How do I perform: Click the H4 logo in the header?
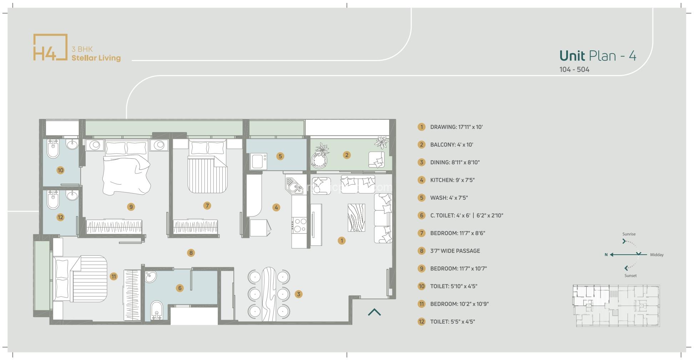(x=50, y=47)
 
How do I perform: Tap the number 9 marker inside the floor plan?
(x=131, y=207)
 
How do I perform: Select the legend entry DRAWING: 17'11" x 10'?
(x=456, y=127)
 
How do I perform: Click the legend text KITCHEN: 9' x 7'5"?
(x=452, y=180)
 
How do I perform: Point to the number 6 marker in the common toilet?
(x=180, y=288)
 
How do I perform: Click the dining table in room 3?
(x=269, y=294)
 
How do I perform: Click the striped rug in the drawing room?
(x=356, y=218)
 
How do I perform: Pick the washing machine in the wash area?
(x=258, y=161)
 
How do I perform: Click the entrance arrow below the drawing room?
(x=374, y=312)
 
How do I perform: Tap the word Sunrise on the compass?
(x=629, y=234)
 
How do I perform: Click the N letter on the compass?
(x=606, y=255)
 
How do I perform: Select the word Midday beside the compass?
(x=657, y=255)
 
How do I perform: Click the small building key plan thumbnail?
(x=616, y=306)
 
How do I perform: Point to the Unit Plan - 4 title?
(x=598, y=56)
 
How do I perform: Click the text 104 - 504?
(x=574, y=70)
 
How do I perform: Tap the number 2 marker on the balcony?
(x=347, y=155)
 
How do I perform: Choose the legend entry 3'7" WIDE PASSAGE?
(x=455, y=251)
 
